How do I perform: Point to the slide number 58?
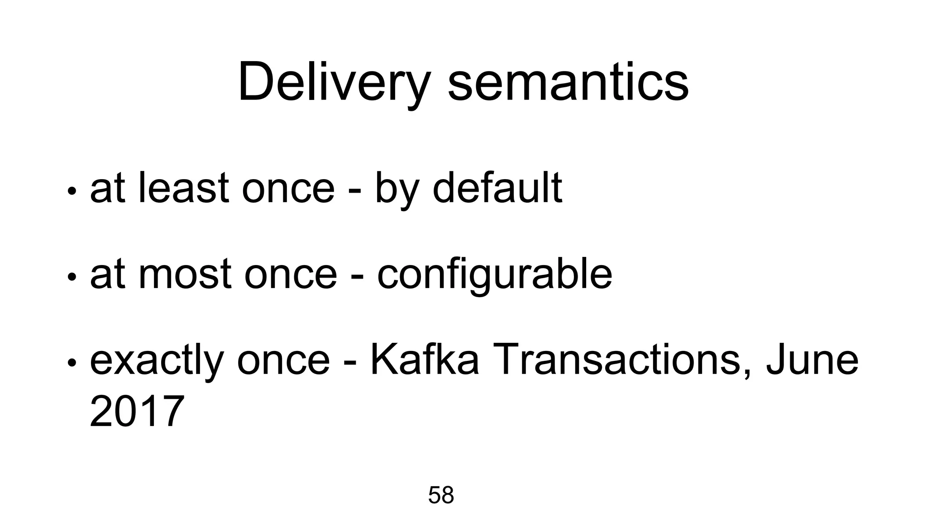(441, 495)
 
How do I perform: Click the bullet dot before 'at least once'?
(71, 190)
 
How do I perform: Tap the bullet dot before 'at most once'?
(71, 276)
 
